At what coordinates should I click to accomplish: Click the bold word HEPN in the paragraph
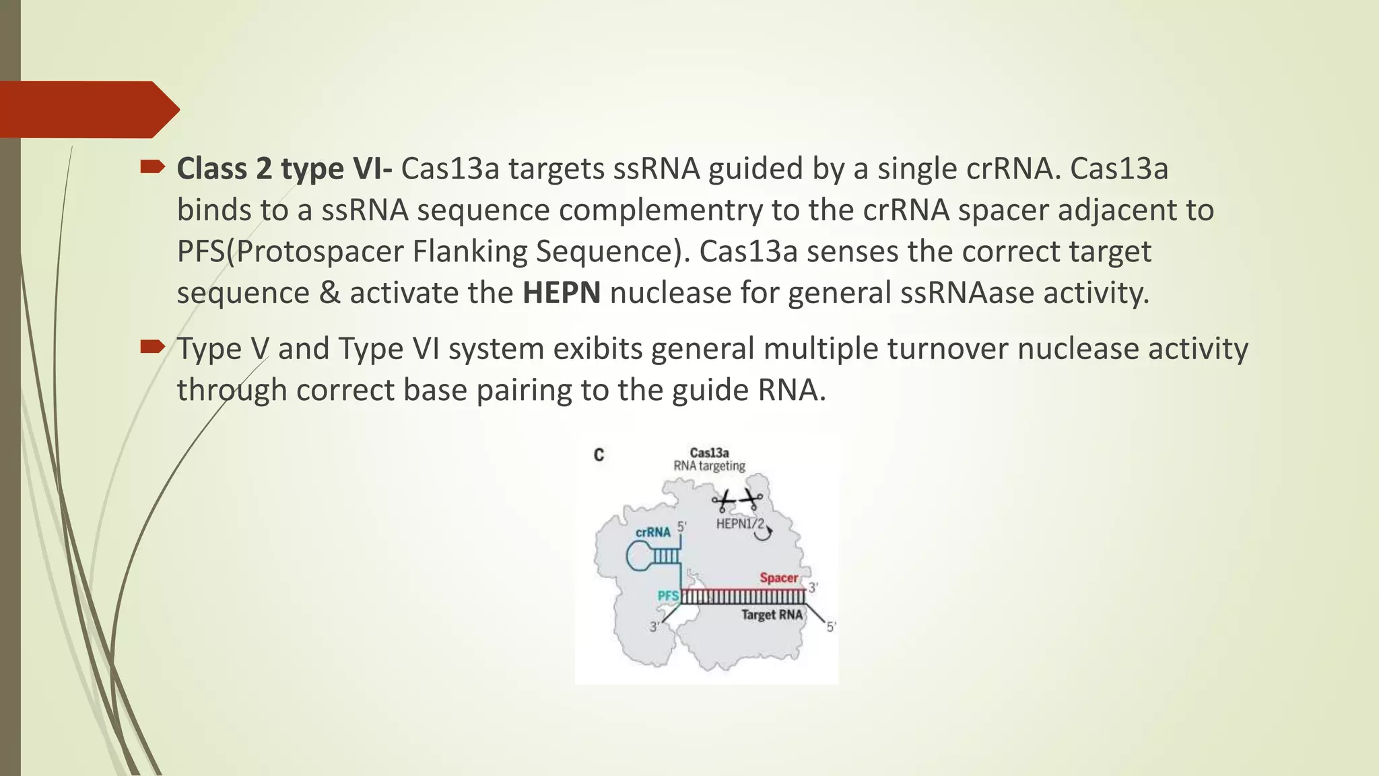561,293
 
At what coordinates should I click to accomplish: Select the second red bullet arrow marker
152,347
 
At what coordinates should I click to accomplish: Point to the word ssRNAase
967,293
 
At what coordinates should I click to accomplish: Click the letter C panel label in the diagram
599,455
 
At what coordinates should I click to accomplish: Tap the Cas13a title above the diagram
709,453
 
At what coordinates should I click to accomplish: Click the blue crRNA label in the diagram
652,532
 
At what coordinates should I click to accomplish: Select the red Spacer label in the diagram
778,578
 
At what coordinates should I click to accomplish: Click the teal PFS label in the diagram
667,596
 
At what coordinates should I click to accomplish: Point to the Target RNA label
772,615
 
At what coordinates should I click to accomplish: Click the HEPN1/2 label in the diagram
739,524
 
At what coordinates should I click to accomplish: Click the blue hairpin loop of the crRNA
638,556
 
